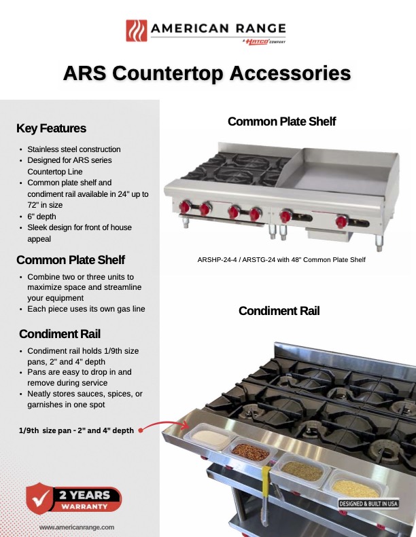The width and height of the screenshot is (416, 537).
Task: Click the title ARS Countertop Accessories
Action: click(207, 73)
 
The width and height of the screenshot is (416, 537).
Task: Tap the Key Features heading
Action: click(51, 128)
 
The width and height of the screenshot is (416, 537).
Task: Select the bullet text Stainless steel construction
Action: click(74, 149)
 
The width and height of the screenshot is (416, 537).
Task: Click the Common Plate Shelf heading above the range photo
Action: click(281, 122)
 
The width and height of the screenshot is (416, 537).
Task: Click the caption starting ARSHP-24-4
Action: click(281, 259)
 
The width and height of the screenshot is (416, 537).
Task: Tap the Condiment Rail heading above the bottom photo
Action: click(279, 311)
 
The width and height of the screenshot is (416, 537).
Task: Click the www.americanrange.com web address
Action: click(76, 527)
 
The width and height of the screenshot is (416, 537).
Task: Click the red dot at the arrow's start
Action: click(141, 430)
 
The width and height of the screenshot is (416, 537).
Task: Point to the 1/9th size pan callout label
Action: click(75, 430)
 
